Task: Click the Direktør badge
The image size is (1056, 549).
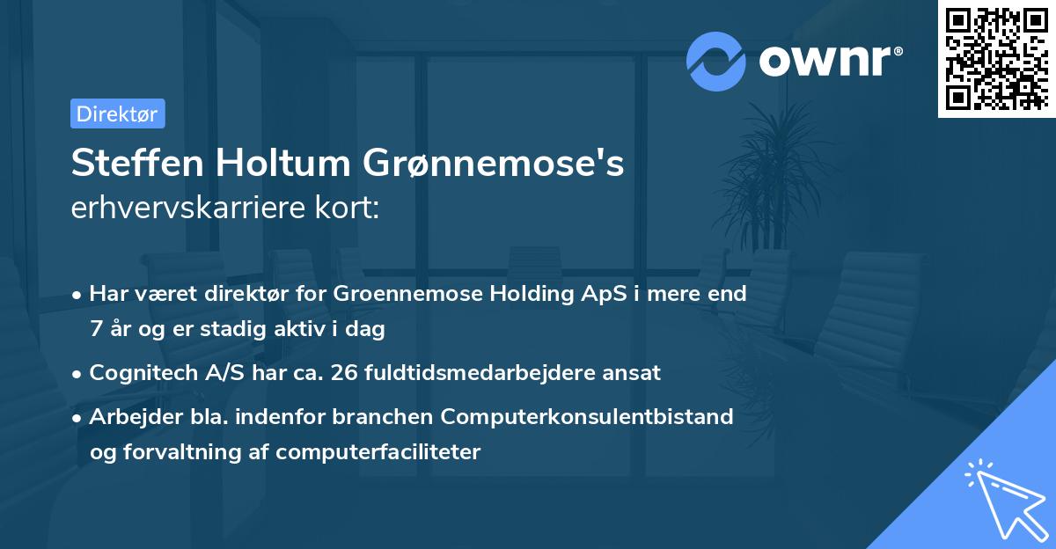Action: point(117,113)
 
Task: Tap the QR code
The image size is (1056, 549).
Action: point(995,58)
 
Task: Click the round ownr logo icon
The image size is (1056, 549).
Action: point(716,61)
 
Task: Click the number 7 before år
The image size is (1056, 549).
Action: point(95,330)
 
